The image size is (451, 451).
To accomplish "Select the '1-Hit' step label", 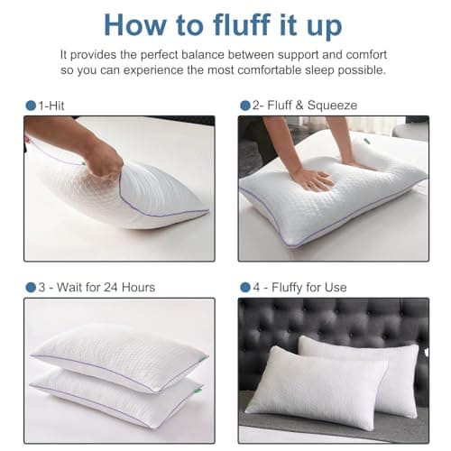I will pos(51,106).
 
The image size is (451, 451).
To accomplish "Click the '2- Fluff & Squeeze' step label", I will pos(302,106).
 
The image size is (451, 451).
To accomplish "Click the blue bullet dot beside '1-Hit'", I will pos(30,106).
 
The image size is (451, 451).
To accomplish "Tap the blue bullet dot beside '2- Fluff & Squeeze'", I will pos(244,106).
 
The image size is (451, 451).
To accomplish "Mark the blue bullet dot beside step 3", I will pos(30,287).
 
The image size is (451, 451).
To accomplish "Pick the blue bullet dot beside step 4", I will pos(244,287).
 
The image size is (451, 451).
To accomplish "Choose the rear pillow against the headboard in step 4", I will pos(379,356).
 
